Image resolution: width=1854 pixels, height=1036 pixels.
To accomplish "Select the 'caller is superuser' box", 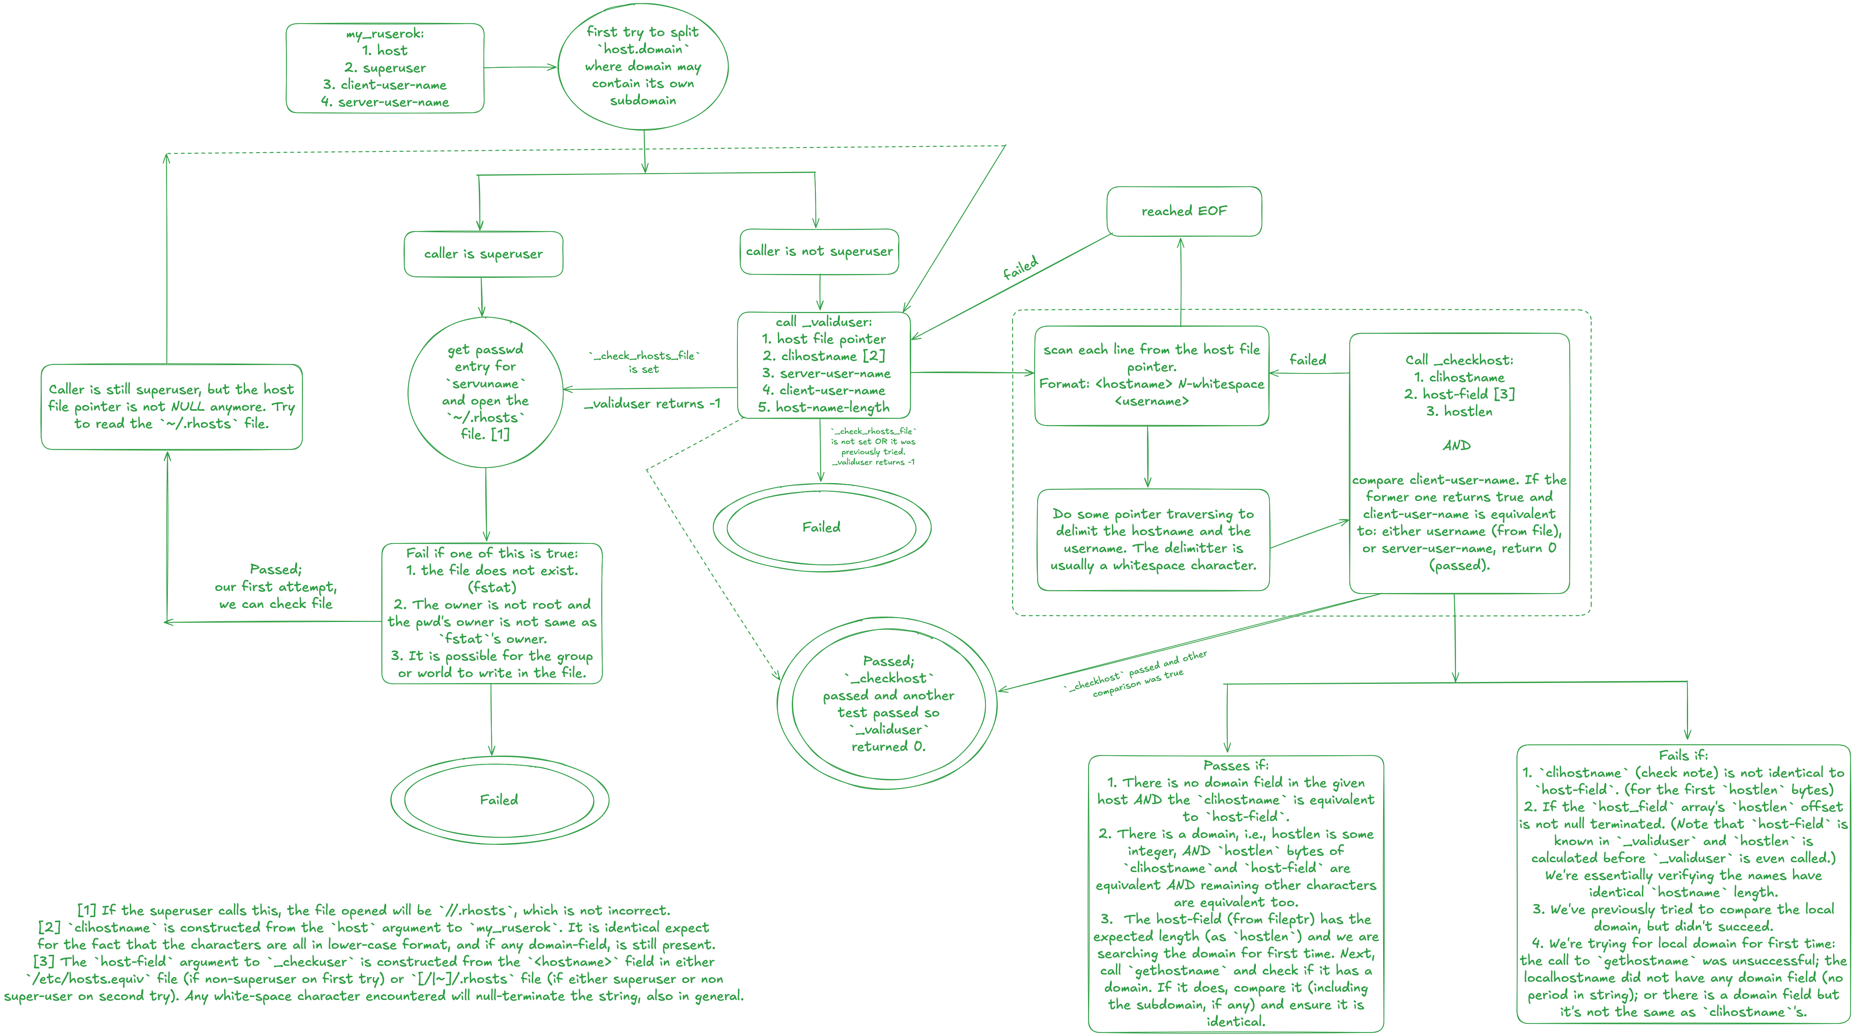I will tap(483, 254).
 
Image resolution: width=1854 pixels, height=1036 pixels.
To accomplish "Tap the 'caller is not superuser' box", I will tap(819, 251).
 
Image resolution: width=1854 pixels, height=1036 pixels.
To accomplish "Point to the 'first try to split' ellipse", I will tap(643, 66).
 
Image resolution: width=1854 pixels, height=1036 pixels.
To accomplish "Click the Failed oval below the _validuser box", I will tap(821, 527).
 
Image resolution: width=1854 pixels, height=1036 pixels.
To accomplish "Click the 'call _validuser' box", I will tap(824, 365).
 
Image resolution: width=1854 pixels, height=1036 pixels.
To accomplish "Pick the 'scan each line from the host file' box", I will tap(1151, 375).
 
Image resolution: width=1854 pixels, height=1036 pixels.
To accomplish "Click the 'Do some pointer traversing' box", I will tap(1153, 540).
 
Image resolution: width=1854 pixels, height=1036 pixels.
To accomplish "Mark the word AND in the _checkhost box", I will tap(1457, 446).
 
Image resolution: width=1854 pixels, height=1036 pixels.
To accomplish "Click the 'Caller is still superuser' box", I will tap(171, 406).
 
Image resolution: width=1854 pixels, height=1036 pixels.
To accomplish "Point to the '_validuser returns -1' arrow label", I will tap(652, 404).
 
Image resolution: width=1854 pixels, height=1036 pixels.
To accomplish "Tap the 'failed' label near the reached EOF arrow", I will tap(1020, 268).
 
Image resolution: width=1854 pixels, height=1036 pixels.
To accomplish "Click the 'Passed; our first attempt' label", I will tap(276, 586).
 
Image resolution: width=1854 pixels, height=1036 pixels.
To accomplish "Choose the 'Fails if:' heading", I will tap(1683, 755).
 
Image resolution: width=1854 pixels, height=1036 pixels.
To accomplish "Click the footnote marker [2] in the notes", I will tap(50, 927).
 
